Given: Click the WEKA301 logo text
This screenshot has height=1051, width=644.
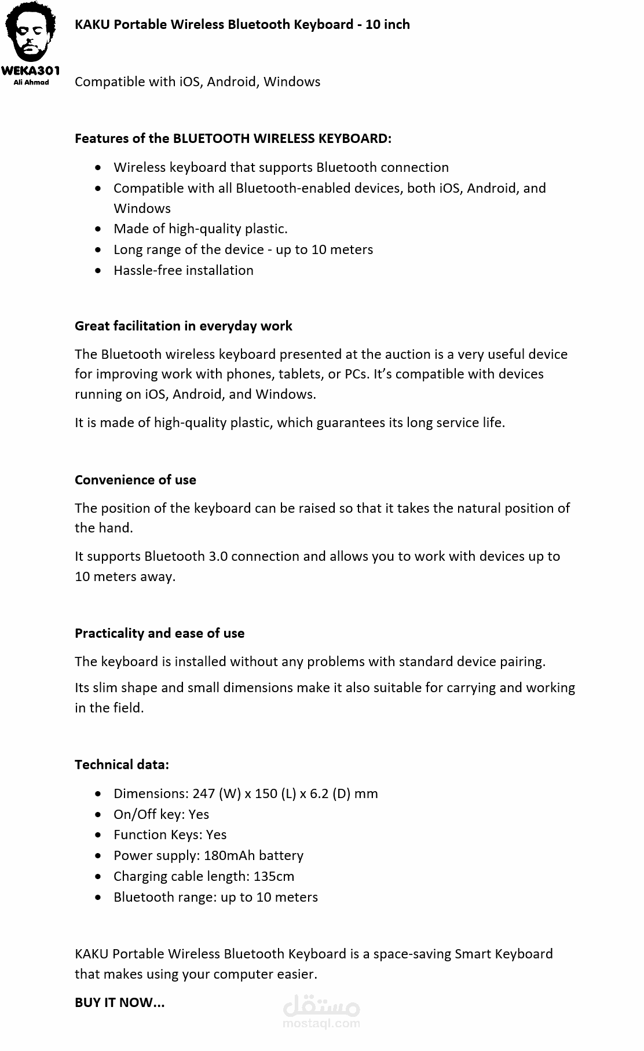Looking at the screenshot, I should tap(31, 71).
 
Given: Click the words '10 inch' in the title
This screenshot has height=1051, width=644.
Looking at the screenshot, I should tap(387, 24).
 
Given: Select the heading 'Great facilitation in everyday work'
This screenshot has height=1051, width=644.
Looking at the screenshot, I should tap(183, 326).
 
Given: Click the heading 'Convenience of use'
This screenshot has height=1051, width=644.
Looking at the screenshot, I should tap(135, 480).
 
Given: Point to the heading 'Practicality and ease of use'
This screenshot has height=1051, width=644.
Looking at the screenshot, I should tap(159, 633).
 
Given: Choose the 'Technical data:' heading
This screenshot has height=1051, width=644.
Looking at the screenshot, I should tap(122, 765).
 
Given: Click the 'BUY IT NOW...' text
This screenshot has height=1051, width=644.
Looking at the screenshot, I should tap(119, 1002).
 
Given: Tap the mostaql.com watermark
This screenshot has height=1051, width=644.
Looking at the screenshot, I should tap(321, 1013).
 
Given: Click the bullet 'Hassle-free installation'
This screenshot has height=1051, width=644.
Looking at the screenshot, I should tap(183, 270).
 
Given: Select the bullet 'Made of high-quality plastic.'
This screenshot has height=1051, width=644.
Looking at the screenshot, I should tap(200, 229).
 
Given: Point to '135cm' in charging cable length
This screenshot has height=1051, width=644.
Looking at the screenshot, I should tap(274, 876).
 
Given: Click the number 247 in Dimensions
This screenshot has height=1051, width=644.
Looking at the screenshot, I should tap(204, 793).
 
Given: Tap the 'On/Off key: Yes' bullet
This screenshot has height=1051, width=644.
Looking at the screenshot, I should tap(161, 814).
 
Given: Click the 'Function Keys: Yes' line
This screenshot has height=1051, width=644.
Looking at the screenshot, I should tap(170, 835).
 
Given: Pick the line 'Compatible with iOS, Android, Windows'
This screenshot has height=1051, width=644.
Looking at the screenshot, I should tap(197, 82).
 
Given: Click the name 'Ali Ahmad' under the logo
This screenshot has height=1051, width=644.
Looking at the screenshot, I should tap(31, 82).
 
